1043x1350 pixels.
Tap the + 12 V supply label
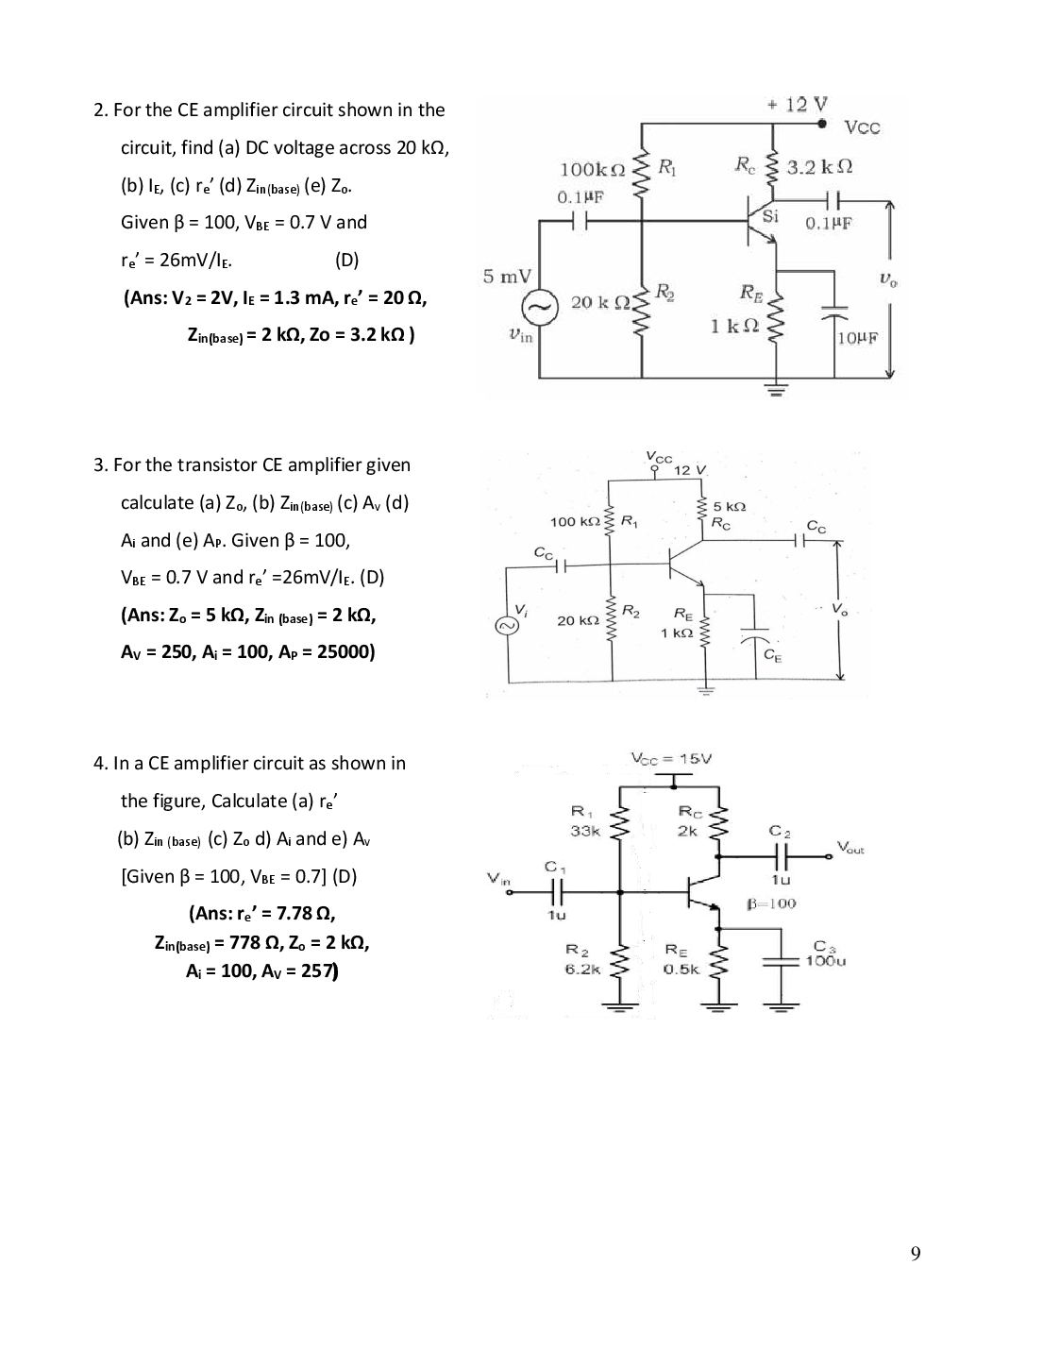tap(797, 105)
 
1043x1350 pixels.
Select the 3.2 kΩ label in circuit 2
tap(819, 166)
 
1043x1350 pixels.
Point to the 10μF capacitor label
tap(857, 338)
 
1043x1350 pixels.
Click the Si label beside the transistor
tap(770, 216)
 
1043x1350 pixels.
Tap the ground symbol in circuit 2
tap(775, 390)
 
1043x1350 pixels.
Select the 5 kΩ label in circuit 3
tap(729, 506)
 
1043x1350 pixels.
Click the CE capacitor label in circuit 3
tap(771, 654)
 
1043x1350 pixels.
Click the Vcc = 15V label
tap(671, 759)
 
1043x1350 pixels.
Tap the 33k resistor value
tap(586, 830)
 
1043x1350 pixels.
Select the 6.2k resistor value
tap(582, 970)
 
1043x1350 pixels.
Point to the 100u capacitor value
tap(826, 961)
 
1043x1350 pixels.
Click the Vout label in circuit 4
tap(850, 846)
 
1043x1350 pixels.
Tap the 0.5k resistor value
tap(682, 970)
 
